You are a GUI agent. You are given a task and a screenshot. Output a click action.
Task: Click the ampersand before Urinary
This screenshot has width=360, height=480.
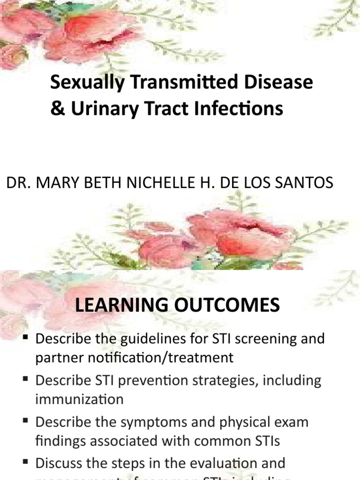coord(56,109)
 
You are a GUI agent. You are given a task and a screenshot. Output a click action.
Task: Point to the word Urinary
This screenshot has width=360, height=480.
coord(97,109)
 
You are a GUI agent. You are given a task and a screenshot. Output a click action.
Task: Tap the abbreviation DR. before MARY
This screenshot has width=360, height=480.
coord(17,183)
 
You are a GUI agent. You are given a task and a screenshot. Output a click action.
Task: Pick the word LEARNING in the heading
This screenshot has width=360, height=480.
coord(123,306)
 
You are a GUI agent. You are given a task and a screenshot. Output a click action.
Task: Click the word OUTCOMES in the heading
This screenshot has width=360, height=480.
coord(228,306)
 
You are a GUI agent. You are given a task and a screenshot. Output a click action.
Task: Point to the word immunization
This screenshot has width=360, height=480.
coord(79,399)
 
